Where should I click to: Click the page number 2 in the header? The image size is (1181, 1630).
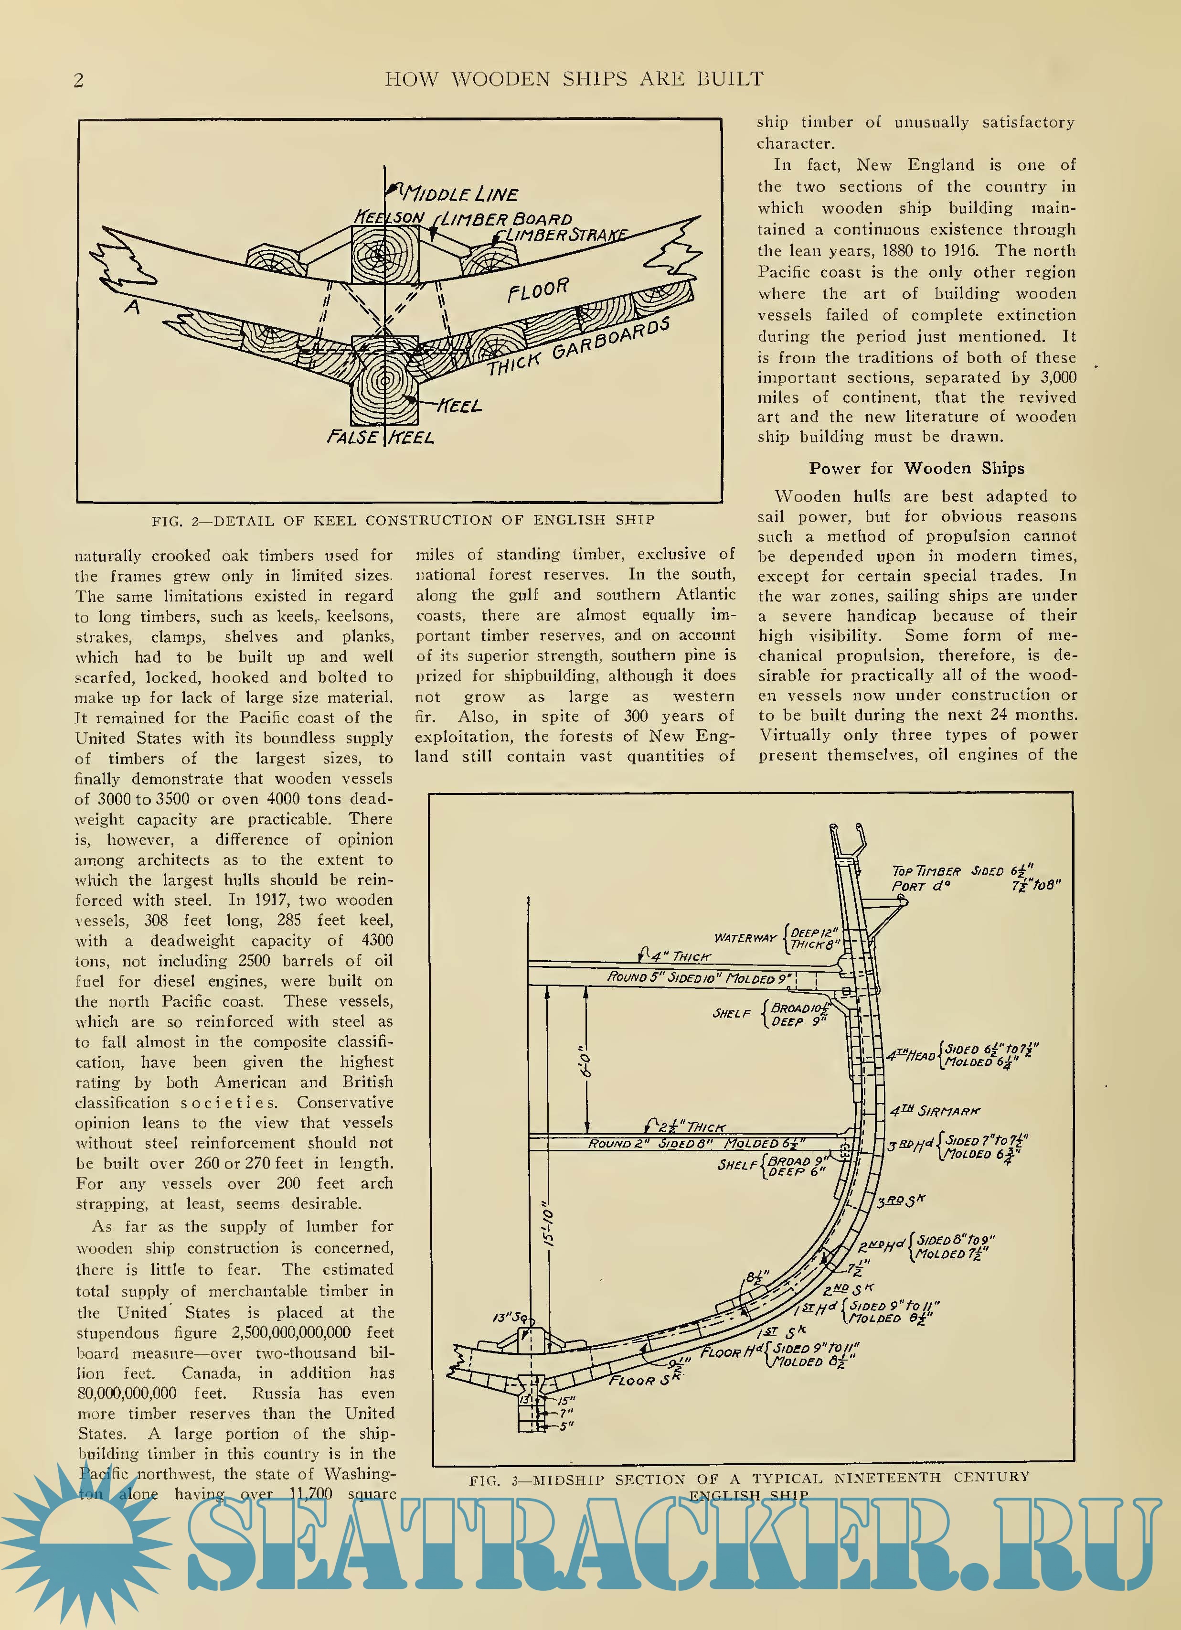pyautogui.click(x=79, y=80)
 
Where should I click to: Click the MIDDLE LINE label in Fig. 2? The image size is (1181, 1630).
pyautogui.click(x=460, y=194)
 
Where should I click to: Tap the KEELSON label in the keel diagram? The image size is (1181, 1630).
pyautogui.click(x=389, y=217)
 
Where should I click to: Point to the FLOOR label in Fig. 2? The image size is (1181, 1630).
pyautogui.click(x=538, y=290)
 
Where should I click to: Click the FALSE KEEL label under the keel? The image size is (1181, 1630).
pyautogui.click(x=380, y=437)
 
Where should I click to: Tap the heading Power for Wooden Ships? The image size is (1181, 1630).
pyautogui.click(x=916, y=469)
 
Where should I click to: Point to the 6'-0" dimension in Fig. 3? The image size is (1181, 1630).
pyautogui.click(x=587, y=1061)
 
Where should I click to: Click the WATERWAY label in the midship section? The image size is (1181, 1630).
pyautogui.click(x=745, y=937)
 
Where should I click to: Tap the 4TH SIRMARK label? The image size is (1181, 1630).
pyautogui.click(x=936, y=1110)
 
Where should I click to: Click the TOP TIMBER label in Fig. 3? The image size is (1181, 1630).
pyautogui.click(x=926, y=871)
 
